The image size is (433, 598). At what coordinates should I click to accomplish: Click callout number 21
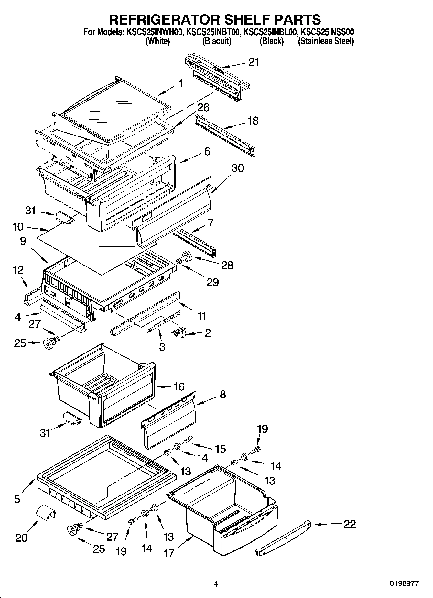pos(253,62)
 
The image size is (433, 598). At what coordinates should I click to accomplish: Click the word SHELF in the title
pos(244,19)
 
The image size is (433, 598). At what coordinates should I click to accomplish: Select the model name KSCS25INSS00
pos(327,32)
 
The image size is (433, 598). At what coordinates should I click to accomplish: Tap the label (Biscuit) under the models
pos(217,41)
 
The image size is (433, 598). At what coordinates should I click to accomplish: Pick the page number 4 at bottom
pos(216,584)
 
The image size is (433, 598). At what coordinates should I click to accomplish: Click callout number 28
pos(227,265)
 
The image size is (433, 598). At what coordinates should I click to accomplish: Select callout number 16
pos(179,386)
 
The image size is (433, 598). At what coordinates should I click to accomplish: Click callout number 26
pos(203,108)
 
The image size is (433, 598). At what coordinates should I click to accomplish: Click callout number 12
pos(18,270)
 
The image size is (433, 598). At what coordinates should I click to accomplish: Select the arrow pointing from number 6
pos(190,158)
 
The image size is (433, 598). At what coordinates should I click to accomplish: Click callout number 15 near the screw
pos(220,449)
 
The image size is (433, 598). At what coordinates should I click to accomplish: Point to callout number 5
pos(17,499)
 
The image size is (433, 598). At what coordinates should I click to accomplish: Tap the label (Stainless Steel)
pos(326,41)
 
